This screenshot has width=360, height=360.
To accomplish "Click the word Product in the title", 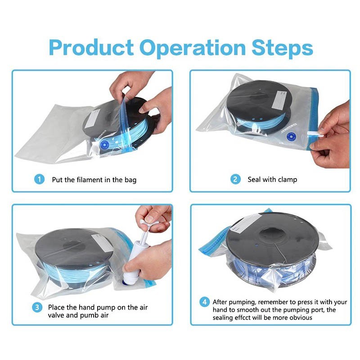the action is [x=91, y=48].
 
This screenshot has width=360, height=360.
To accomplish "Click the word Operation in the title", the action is [x=193, y=48].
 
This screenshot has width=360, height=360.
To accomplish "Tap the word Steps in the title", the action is [x=282, y=48].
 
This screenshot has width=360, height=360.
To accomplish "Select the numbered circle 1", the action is [x=39, y=179].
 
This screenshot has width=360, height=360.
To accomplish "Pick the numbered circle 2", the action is [x=235, y=179].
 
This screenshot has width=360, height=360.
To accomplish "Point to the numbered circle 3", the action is [x=37, y=307].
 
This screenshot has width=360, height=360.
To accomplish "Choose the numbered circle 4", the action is [x=204, y=302].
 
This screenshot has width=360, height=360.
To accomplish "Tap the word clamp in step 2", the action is [x=287, y=180].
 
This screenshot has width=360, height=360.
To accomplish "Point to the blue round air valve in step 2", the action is [x=291, y=137].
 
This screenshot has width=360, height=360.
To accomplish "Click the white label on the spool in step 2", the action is [x=279, y=99].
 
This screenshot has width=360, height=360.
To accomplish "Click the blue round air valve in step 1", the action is [x=105, y=145].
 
